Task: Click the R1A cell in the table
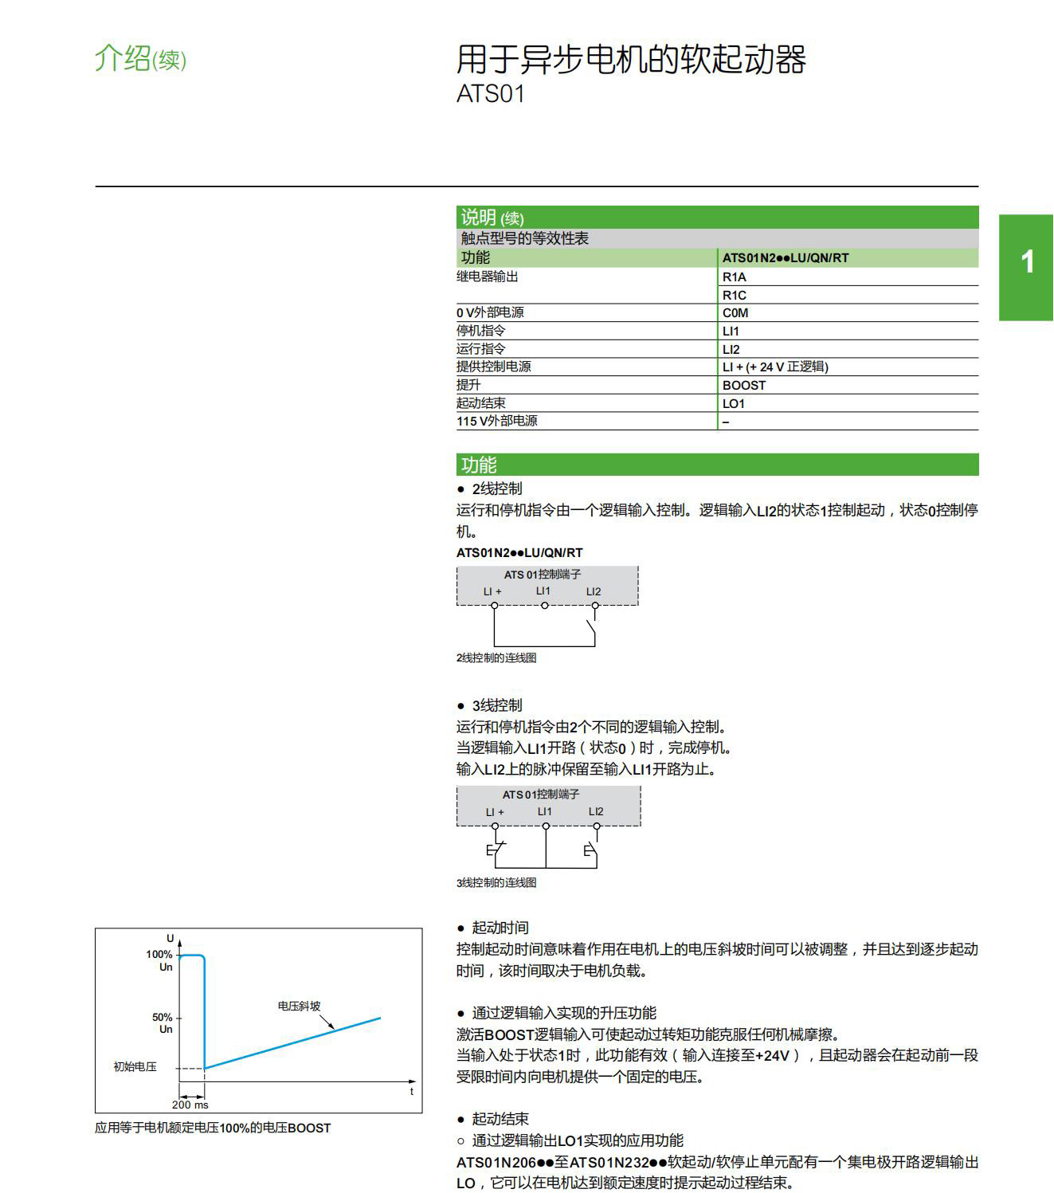(x=735, y=277)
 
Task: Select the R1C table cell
(x=735, y=295)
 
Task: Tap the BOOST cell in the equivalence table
(x=744, y=386)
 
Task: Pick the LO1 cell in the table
(x=734, y=404)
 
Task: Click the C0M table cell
(x=735, y=313)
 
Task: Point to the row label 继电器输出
(x=487, y=277)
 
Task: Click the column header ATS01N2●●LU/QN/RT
(x=786, y=258)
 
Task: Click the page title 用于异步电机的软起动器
(x=631, y=60)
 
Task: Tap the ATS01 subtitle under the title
(x=491, y=94)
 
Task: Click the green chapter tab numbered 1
(x=1027, y=262)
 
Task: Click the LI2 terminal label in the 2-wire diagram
(x=594, y=591)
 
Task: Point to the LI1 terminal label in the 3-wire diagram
(x=545, y=811)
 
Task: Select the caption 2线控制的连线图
(x=496, y=658)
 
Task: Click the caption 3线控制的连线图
(x=496, y=883)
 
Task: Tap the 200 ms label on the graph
(x=190, y=1105)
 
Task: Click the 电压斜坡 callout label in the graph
(x=299, y=1007)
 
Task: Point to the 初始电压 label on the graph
(x=135, y=1066)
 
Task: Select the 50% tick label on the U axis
(x=163, y=1018)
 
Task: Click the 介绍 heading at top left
(x=123, y=58)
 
